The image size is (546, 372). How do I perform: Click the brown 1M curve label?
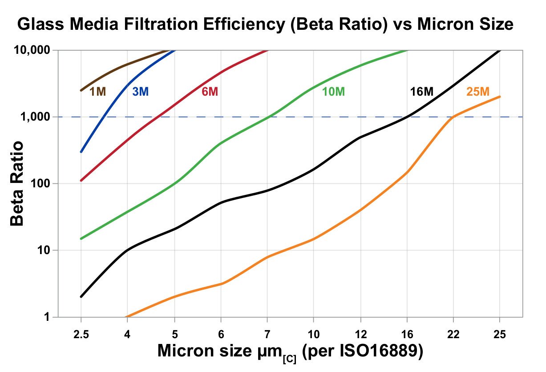(97, 92)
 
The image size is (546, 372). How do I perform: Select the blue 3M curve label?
(140, 92)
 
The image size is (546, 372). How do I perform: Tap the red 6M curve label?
(210, 92)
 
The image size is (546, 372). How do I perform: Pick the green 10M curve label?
(333, 92)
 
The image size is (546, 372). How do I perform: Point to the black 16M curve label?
(421, 92)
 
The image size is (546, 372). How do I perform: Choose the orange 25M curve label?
(477, 92)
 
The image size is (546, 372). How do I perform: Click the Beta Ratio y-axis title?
(18, 183)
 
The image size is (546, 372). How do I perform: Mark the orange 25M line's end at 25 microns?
(500, 97)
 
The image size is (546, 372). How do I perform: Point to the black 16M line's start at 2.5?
(81, 297)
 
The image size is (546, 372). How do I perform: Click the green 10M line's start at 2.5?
(81, 239)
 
